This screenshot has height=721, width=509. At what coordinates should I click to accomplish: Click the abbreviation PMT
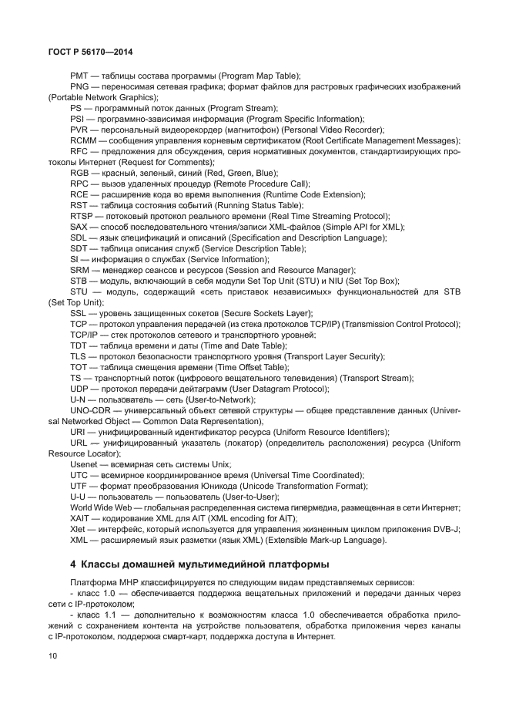(x=79, y=76)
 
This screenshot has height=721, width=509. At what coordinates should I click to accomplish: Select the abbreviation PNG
(x=79, y=87)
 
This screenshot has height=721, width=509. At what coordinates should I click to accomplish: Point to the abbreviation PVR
(x=79, y=130)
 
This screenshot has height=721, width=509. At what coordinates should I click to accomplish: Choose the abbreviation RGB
(x=80, y=174)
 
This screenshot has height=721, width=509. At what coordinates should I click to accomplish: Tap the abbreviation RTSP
(x=82, y=217)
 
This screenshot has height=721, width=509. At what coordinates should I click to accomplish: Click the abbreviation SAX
(x=79, y=227)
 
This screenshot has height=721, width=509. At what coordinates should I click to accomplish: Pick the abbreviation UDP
(x=79, y=389)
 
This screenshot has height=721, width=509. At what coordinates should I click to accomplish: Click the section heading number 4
(x=72, y=561)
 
